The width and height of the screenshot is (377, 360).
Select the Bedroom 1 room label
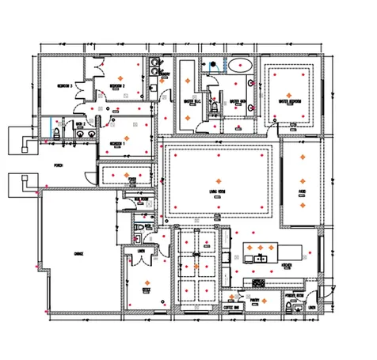click(117, 143)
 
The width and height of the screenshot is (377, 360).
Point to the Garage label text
click(78, 253)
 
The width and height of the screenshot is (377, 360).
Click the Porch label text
click(58, 167)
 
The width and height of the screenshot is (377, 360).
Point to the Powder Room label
click(291, 301)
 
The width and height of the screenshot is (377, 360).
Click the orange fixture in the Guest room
click(147, 281)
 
